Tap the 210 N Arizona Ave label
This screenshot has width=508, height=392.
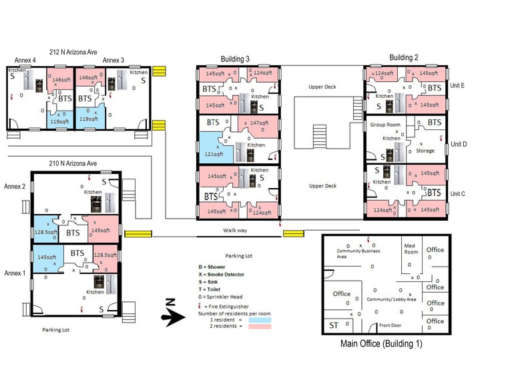[69, 163]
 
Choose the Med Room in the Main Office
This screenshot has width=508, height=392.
[410, 249]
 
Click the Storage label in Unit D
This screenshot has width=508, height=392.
[425, 151]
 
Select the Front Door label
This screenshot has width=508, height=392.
[393, 325]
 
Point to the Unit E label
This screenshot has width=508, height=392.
[458, 85]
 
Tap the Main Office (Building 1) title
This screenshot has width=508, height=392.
[381, 345]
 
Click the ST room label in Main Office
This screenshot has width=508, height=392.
[333, 325]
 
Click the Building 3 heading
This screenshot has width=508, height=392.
[235, 59]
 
